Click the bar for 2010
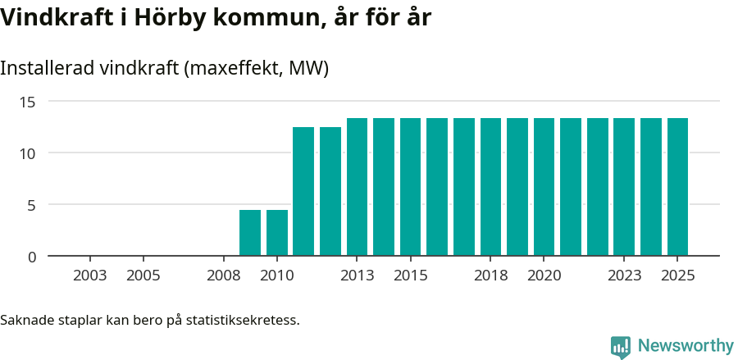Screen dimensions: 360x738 [277, 233]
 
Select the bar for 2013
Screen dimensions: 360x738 [358, 187]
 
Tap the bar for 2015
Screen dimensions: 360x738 [411, 187]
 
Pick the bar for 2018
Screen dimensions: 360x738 [491, 187]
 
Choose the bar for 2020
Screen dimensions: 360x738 [544, 187]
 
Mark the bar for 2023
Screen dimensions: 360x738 [624, 187]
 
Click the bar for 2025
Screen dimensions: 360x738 [677, 187]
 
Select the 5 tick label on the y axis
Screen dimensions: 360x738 [32, 205]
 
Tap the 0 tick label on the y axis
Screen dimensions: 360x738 [32, 257]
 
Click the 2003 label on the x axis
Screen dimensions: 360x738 [90, 276]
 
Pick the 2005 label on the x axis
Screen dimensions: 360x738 [143, 276]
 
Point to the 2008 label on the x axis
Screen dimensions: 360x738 [224, 276]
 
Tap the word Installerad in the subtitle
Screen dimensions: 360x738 [47, 68]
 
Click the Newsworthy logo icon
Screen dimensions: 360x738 [621, 346]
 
